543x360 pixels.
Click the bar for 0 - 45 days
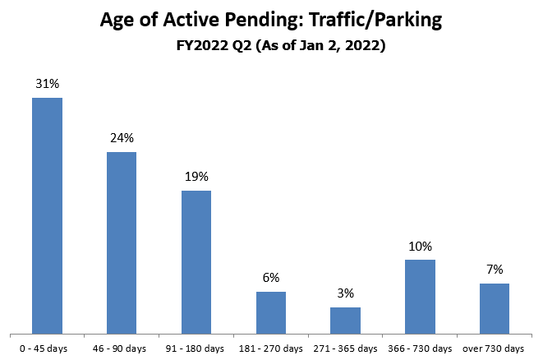coord(47,215)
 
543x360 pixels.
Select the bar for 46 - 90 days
coord(122,242)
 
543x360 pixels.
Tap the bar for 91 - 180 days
coord(196,262)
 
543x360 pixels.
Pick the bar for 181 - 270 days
coord(270,312)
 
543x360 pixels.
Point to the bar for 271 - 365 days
coord(345,321)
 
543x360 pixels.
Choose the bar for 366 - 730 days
coord(420,297)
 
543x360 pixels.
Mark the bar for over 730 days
coord(495,308)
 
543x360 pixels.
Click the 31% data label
coord(48,84)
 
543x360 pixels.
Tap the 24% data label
coord(122,138)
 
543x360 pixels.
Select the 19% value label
coord(196,177)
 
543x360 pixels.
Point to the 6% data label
coord(271,278)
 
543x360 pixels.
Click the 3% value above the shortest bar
coord(346,293)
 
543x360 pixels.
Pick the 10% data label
coord(420,246)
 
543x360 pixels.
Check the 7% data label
coord(495,270)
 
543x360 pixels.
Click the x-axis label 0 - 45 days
coord(47,348)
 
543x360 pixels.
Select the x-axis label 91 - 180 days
coord(196,348)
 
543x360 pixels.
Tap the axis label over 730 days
coord(495,348)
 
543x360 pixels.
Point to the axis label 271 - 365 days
coord(345,348)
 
